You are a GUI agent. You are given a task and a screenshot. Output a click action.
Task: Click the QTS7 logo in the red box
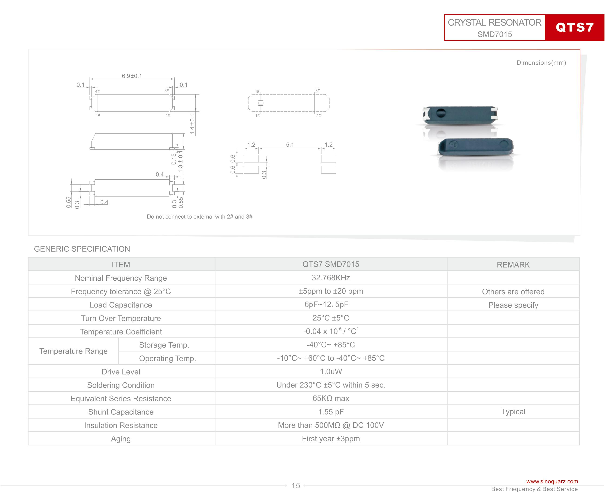(x=575, y=27)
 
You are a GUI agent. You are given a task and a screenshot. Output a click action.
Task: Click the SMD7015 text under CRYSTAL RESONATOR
(x=495, y=34)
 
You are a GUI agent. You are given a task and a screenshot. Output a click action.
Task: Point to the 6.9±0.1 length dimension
(x=132, y=76)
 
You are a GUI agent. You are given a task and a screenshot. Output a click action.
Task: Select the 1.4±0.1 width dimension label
(x=192, y=124)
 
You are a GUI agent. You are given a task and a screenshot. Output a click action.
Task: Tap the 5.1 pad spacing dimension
(x=290, y=144)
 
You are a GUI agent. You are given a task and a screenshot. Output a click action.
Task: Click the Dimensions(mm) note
(x=541, y=63)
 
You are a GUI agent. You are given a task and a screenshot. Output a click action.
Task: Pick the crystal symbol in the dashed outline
(x=261, y=103)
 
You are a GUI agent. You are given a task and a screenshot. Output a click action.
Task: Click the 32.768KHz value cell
(x=331, y=277)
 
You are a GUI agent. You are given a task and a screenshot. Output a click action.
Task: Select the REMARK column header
(x=513, y=265)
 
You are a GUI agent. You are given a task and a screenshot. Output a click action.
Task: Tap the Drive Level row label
(x=121, y=372)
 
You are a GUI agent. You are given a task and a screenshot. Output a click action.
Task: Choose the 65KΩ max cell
(x=331, y=398)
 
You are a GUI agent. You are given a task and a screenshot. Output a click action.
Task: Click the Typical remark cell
(x=513, y=412)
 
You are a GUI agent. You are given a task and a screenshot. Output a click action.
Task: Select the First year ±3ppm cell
(x=331, y=438)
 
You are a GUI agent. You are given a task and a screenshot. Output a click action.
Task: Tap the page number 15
(x=296, y=486)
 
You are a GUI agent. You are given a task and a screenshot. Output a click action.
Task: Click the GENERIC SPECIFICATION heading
(x=82, y=249)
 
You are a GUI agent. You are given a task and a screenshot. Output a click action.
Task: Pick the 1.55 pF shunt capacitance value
(x=331, y=412)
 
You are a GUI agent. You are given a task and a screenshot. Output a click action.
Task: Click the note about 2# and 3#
(x=199, y=217)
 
